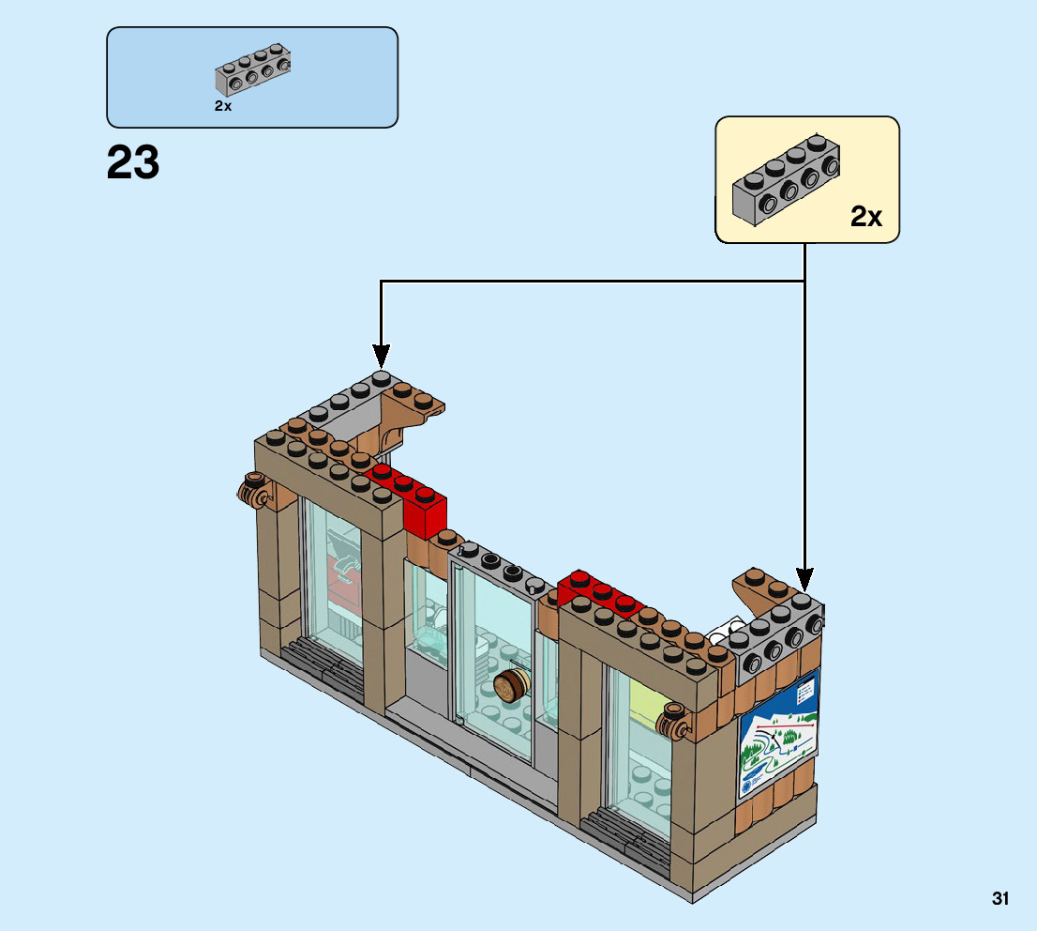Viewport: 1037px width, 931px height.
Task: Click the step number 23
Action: [x=133, y=163]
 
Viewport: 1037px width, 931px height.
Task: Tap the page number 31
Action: [x=1000, y=899]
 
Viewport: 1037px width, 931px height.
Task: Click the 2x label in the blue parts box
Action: [x=223, y=106]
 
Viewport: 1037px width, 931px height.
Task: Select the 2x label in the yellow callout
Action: [x=866, y=217]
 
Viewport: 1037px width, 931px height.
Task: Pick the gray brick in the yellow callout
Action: [x=786, y=181]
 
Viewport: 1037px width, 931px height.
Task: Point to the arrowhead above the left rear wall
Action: [x=381, y=355]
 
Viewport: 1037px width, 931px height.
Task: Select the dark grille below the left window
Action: [x=323, y=662]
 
